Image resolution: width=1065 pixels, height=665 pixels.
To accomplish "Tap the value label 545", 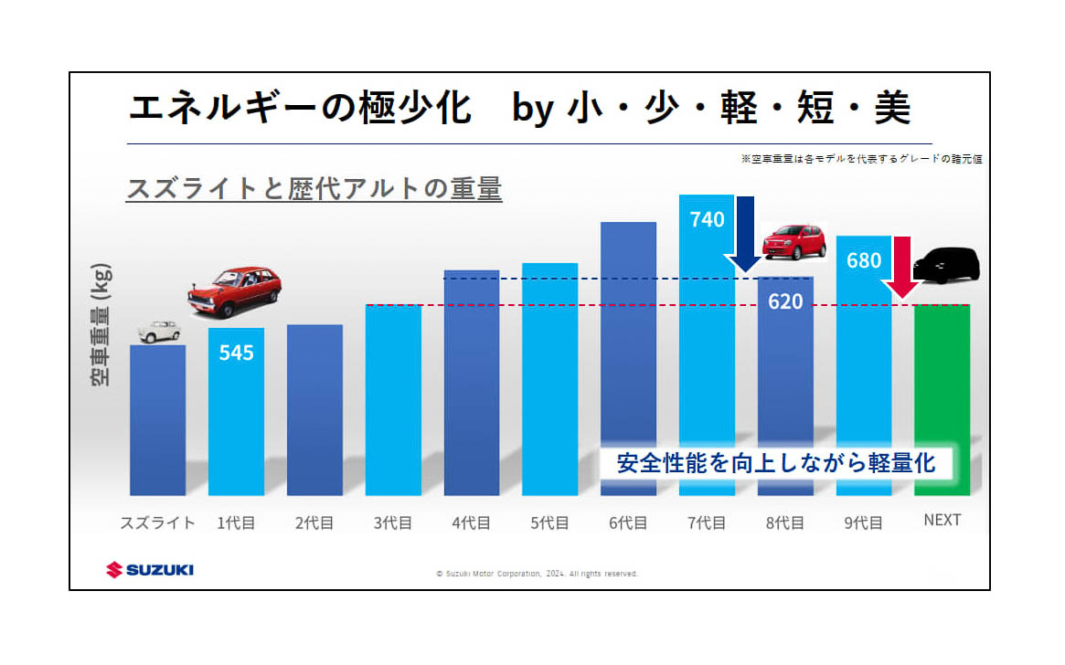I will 236,353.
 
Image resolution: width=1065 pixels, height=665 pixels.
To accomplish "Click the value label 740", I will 707,219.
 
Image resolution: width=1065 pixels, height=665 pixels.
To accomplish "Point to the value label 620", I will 785,301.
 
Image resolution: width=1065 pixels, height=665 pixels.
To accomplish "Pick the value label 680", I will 864,261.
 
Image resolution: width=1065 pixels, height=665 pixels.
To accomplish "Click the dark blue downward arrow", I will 746,233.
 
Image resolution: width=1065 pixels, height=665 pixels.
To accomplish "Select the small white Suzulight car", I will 159,331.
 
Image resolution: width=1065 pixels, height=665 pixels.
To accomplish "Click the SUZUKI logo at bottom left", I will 150,570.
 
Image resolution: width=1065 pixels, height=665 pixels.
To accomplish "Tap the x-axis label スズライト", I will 158,522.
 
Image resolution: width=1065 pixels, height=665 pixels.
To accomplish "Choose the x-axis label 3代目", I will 393,522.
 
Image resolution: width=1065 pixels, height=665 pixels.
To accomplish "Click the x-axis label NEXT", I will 942,521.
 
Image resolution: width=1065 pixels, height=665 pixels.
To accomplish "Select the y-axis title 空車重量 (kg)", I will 101,324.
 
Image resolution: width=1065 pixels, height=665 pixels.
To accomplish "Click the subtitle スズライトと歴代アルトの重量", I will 314,189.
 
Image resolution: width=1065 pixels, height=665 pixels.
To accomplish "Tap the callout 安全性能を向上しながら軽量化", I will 775,462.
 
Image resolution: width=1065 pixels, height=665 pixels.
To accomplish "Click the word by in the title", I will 529,109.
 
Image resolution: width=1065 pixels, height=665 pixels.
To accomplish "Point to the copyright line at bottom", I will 537,574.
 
